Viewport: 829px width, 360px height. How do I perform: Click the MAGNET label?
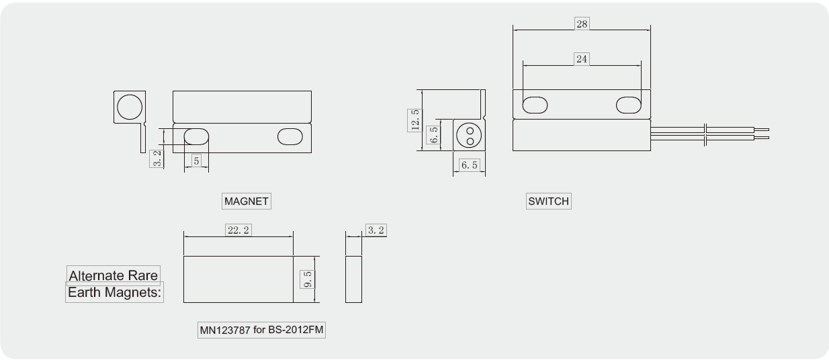point(246,201)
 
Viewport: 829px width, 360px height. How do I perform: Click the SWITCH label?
point(548,201)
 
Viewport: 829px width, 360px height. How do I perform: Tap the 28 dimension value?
point(582,24)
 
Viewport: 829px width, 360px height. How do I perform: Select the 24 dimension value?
point(582,58)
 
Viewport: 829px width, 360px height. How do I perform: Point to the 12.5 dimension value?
point(414,121)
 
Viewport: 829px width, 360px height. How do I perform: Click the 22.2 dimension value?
point(238,230)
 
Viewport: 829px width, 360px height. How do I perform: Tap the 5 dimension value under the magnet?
point(196,161)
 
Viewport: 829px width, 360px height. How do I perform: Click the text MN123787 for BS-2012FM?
point(262,330)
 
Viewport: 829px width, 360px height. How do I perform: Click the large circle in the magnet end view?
point(130,107)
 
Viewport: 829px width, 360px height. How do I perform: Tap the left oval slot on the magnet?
point(196,136)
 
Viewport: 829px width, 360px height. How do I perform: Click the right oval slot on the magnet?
point(291,136)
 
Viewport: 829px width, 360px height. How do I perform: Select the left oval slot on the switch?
point(535,105)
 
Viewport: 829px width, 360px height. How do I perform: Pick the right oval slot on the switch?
point(629,105)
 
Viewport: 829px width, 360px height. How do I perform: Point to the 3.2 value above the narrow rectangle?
point(376,230)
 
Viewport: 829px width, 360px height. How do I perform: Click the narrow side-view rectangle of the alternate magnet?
point(353,279)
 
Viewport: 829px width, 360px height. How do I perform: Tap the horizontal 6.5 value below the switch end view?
point(470,165)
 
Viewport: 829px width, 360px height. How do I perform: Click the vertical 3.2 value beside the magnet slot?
point(157,159)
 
